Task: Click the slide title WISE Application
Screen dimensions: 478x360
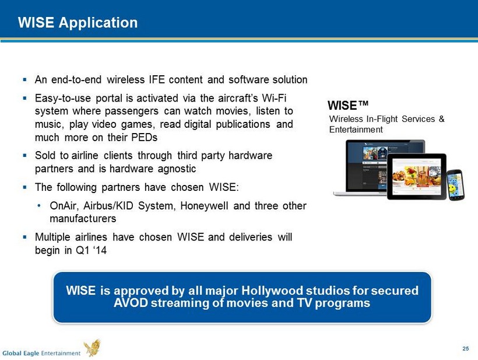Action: point(78,23)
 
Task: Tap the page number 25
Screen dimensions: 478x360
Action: point(466,349)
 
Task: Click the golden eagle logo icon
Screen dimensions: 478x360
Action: point(93,348)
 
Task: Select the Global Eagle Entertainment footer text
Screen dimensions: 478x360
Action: point(41,353)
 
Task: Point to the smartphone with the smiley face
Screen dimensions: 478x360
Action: point(456,184)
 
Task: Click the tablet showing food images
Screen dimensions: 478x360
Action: point(417,177)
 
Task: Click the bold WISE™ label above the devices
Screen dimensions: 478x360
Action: point(348,106)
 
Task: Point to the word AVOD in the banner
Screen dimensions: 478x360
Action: point(131,303)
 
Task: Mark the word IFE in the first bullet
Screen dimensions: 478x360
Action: point(157,79)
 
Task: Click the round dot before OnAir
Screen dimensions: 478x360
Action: point(38,206)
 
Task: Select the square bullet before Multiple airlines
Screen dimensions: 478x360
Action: point(24,237)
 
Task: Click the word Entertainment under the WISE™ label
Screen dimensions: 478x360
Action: point(356,130)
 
